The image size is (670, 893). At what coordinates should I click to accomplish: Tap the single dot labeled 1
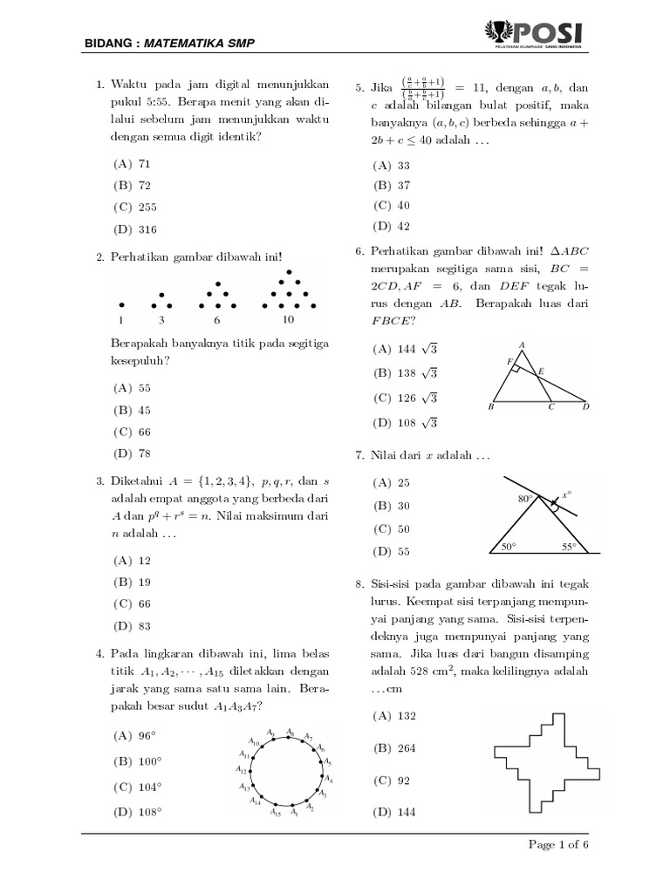coord(121,305)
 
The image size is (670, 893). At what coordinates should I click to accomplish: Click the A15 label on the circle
coord(276,814)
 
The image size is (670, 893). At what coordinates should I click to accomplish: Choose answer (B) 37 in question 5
coord(392,185)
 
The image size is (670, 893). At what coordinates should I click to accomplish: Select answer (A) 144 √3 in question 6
coord(405,349)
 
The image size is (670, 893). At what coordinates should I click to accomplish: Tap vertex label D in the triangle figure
coord(586,406)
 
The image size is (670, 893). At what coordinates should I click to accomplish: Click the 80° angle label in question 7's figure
coord(524,500)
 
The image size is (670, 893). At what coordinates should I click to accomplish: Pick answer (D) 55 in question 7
coord(392,551)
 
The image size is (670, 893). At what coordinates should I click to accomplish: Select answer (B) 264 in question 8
coord(394,748)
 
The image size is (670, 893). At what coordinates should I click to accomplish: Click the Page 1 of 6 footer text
coord(560,845)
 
